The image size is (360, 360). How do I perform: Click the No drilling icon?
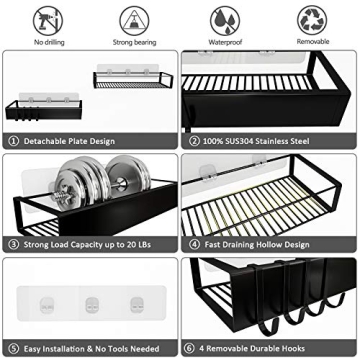tap(47, 20)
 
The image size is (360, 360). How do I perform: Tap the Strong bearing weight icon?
tap(134, 20)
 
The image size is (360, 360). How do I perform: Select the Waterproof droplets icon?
tap(223, 20)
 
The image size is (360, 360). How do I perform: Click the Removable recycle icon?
tap(311, 20)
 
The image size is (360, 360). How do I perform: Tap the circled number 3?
tap(13, 242)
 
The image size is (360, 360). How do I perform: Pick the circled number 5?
tap(13, 347)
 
